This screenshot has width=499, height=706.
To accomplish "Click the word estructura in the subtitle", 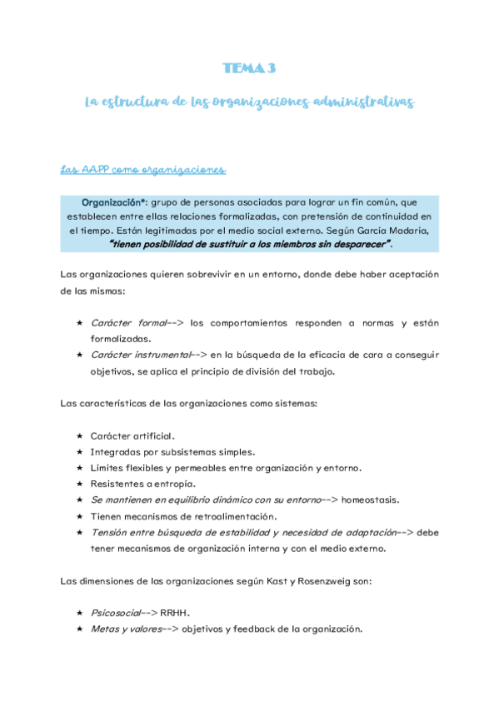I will (140, 102).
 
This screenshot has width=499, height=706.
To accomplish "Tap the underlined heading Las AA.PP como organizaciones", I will (143, 171).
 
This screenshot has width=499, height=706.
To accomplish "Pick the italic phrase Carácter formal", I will (127, 323).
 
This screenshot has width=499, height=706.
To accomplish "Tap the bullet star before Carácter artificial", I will (79, 435).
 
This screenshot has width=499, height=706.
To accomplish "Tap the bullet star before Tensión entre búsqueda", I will (79, 532).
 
